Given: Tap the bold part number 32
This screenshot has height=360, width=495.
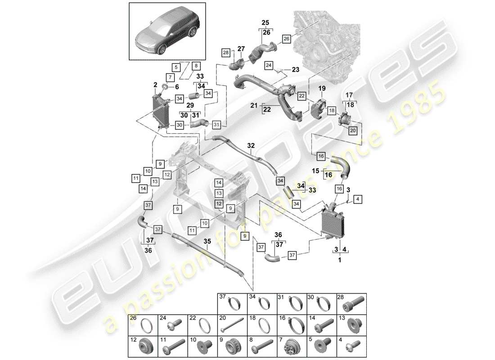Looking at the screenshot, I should coord(251,145).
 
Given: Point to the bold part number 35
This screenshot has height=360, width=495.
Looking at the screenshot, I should coord(207,241).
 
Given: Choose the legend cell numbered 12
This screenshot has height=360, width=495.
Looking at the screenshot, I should coord(143,346).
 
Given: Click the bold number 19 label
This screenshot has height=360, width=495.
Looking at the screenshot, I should coord(322,88).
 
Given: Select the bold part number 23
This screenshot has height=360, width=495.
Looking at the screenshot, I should coord(295,70).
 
